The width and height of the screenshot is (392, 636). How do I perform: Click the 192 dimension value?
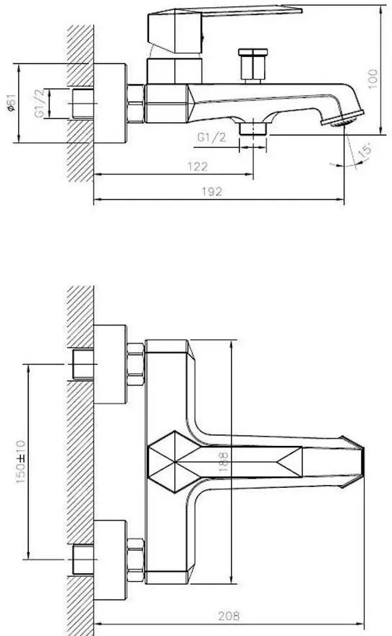(x=212, y=191)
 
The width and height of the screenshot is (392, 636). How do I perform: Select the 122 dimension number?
(x=197, y=167)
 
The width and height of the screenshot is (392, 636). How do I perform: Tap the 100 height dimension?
(x=372, y=79)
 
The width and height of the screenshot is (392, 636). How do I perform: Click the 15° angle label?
(x=365, y=150)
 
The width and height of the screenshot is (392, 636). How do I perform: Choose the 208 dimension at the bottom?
(x=229, y=616)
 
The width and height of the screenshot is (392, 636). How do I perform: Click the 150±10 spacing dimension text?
(x=20, y=462)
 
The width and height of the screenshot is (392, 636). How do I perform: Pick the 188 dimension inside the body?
(x=223, y=462)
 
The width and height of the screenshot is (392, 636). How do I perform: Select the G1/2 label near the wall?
(x=39, y=103)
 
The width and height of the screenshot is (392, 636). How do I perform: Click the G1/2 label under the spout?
(x=211, y=138)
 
